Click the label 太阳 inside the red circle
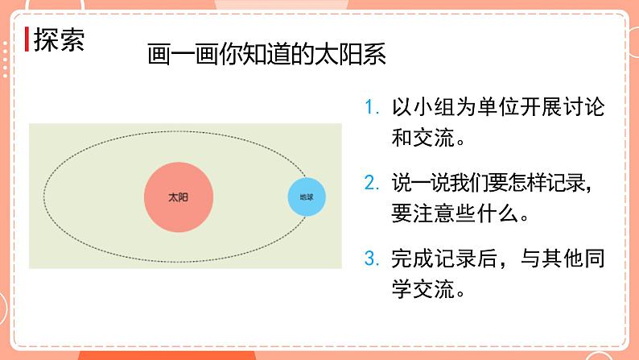coord(179,197)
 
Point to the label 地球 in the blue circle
coord(307,197)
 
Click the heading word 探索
coord(59,40)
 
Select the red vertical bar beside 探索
coord(27,40)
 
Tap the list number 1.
coord(370,108)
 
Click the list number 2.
coord(370,183)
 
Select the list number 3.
coord(370,259)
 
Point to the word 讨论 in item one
coord(585,108)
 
